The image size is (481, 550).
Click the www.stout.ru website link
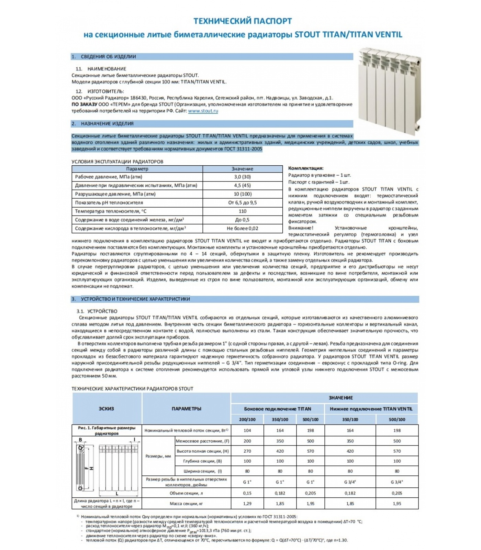(x=203, y=111)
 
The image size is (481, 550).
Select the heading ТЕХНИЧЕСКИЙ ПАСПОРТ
(x=243, y=21)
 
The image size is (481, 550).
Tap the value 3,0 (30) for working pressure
(x=242, y=177)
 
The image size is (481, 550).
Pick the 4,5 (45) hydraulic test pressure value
(x=242, y=185)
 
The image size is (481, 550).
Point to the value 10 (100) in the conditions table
(x=242, y=194)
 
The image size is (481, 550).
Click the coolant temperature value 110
(x=242, y=211)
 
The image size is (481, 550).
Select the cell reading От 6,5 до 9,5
(x=242, y=202)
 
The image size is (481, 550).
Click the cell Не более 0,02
(x=242, y=228)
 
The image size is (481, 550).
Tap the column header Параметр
(x=137, y=169)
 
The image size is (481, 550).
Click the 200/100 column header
(x=247, y=419)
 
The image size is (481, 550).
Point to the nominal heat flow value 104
(x=247, y=430)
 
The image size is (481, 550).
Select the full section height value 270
(x=247, y=451)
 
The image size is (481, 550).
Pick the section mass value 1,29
(x=247, y=504)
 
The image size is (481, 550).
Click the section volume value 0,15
(x=247, y=493)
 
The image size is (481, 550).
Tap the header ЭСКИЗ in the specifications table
(x=107, y=409)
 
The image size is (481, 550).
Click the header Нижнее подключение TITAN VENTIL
(x=371, y=409)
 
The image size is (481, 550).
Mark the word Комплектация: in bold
(x=306, y=168)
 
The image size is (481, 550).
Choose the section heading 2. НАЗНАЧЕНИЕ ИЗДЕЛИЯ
(x=107, y=124)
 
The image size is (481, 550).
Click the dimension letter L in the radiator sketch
(x=117, y=494)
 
